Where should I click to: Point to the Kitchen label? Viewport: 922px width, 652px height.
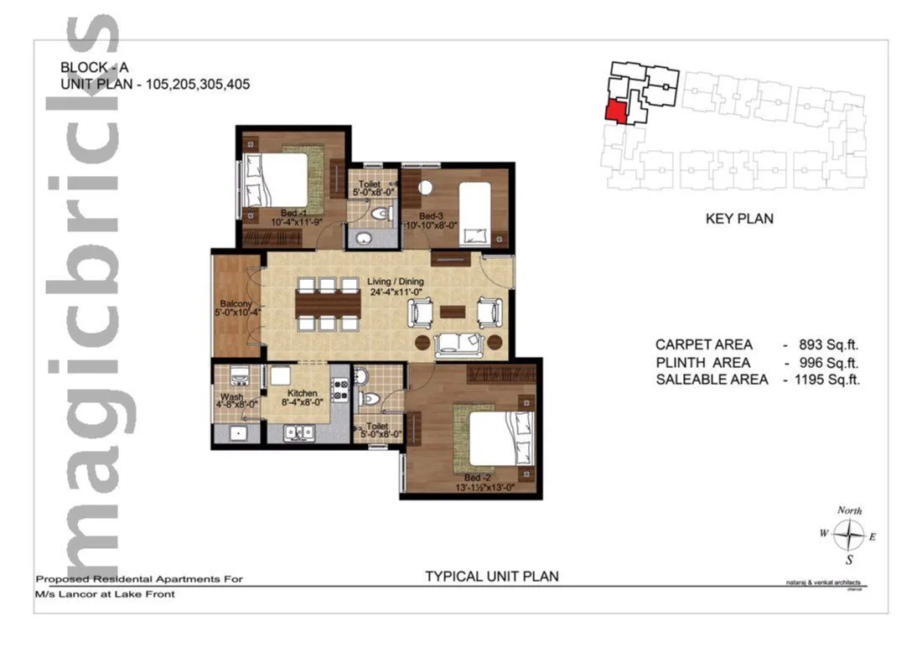click(302, 393)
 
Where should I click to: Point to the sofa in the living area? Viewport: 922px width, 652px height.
click(457, 341)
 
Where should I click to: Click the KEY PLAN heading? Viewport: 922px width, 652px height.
click(738, 219)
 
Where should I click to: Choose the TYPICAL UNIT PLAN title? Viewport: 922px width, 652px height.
click(491, 576)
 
